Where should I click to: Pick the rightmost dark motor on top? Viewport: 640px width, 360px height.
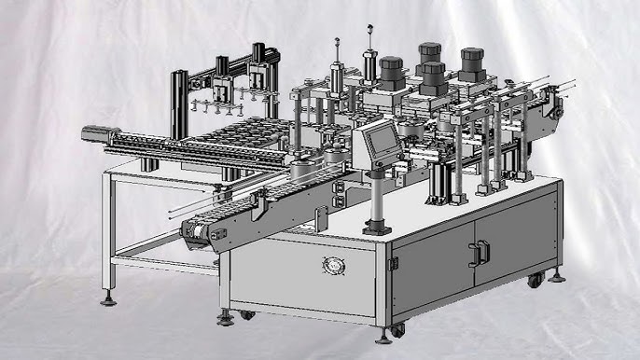pos(472,62)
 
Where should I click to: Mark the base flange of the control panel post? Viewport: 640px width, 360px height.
pos(378,226)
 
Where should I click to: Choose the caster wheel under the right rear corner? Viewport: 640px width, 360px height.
pos(535,279)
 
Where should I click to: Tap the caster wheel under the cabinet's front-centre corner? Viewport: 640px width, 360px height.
pos(396,330)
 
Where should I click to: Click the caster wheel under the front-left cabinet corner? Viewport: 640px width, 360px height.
pos(246,314)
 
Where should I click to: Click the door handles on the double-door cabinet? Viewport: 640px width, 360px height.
pos(480,253)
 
